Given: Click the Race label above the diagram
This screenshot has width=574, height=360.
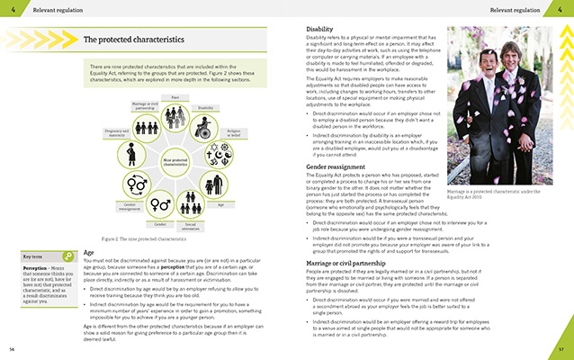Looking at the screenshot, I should click(175, 97).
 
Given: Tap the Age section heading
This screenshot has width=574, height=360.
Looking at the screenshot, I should click(88, 253).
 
